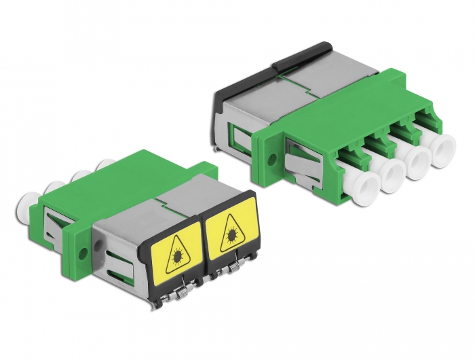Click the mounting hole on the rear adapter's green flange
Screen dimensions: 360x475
(272, 162)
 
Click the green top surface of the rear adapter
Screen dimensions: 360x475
(339, 98)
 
